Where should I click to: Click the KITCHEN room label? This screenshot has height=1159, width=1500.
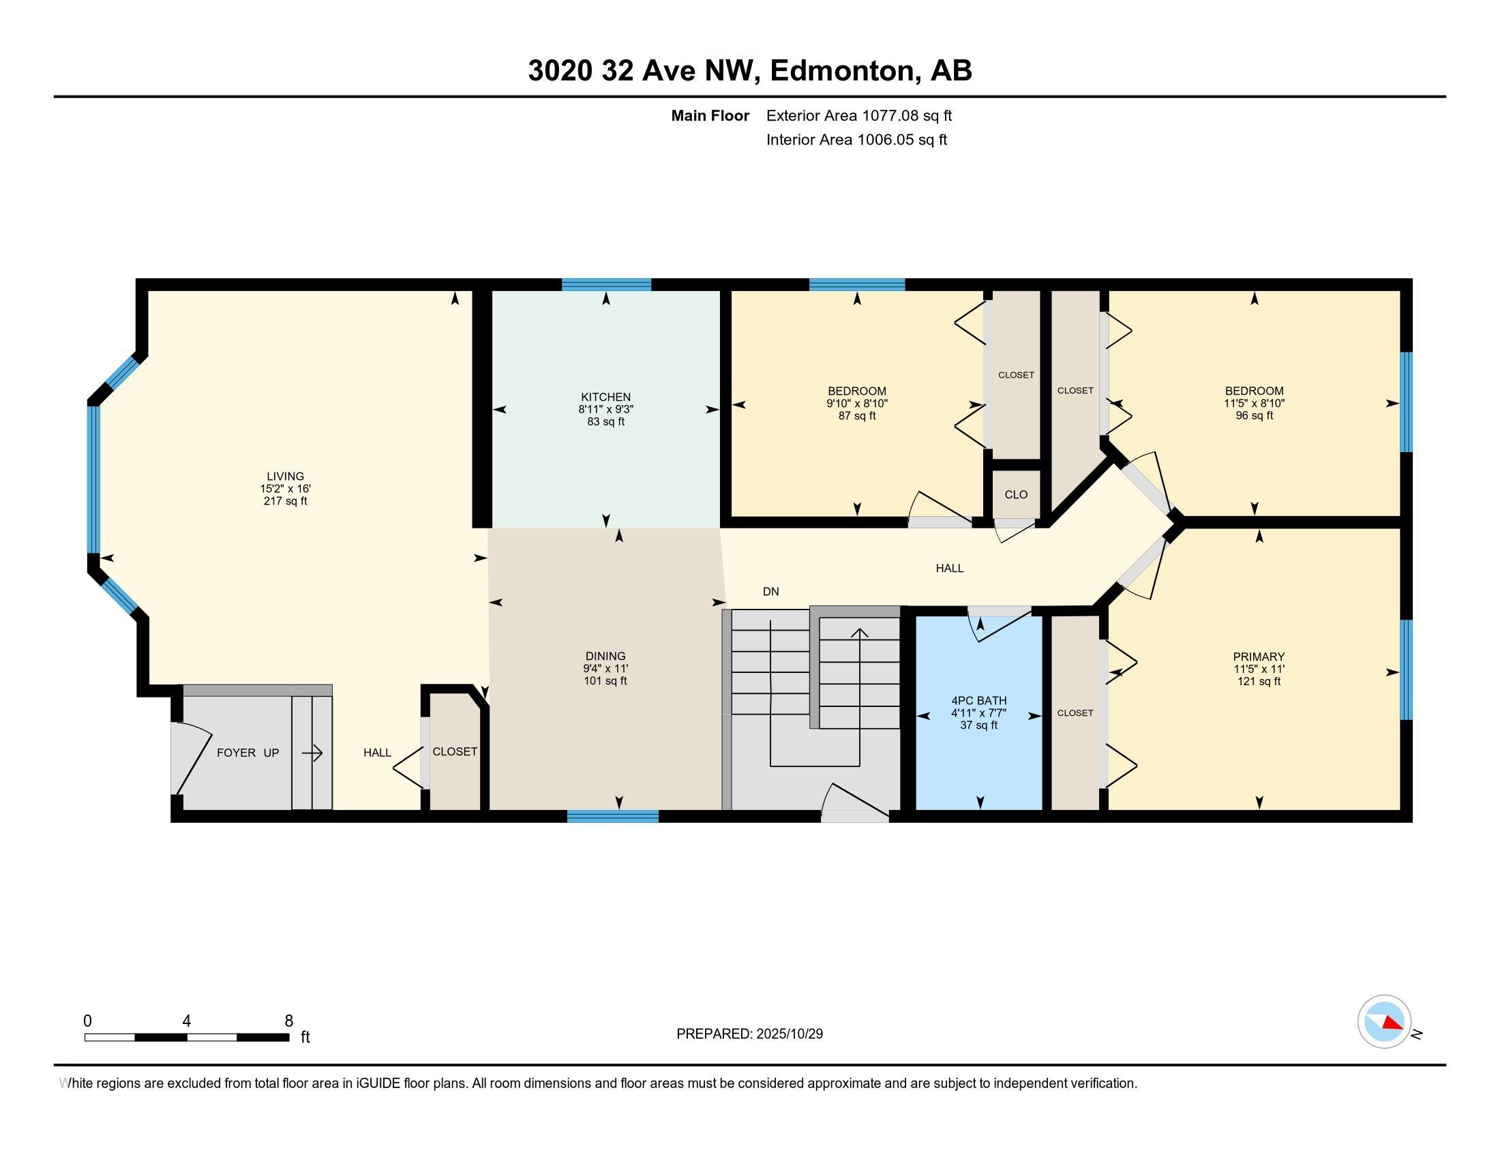pyautogui.click(x=605, y=397)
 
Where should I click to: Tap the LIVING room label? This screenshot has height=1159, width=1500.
pyautogui.click(x=285, y=476)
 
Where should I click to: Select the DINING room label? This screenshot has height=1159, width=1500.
pyautogui.click(x=605, y=656)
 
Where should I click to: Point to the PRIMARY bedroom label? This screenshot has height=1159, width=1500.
pyautogui.click(x=1258, y=657)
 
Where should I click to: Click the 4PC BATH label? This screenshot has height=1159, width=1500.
pyautogui.click(x=978, y=700)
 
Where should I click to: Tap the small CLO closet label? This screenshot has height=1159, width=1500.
pyautogui.click(x=1016, y=494)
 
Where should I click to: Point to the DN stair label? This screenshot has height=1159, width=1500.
pyautogui.click(x=770, y=591)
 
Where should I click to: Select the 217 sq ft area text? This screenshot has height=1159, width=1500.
pyautogui.click(x=285, y=501)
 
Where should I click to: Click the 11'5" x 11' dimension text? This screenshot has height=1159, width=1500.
pyautogui.click(x=1258, y=669)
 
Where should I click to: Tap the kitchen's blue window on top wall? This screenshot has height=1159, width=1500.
pyautogui.click(x=605, y=285)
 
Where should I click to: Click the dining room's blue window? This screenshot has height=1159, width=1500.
pyautogui.click(x=613, y=815)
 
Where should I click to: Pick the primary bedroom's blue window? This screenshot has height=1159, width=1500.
pyautogui.click(x=1406, y=669)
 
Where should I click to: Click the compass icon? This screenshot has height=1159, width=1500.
pyautogui.click(x=1384, y=1022)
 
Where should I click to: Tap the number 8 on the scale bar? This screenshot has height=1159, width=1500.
pyautogui.click(x=288, y=1021)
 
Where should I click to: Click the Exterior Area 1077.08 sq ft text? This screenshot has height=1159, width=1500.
pyautogui.click(x=858, y=115)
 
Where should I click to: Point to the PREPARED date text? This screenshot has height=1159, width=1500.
pyautogui.click(x=749, y=1034)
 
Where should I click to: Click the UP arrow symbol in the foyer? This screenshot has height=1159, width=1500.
pyautogui.click(x=312, y=753)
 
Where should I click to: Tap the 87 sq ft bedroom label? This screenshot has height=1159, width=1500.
pyautogui.click(x=856, y=415)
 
